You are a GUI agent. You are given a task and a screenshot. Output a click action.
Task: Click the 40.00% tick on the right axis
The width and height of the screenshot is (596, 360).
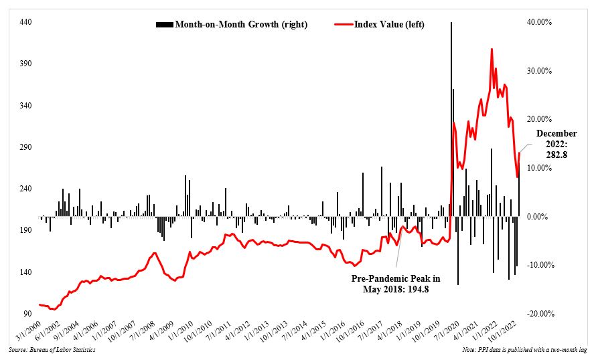pos(539,22)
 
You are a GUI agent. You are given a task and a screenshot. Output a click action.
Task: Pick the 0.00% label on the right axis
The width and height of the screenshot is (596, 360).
pos(540,217)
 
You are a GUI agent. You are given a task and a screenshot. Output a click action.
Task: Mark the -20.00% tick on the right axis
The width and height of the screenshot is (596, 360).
pos(538,314)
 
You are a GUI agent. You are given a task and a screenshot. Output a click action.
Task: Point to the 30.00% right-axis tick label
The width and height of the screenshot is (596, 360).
pos(539,71)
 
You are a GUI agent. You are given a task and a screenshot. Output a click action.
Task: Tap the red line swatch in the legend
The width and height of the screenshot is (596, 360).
pos(346,25)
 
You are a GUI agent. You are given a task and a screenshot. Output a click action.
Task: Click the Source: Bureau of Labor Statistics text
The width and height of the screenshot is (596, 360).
pos(52,350)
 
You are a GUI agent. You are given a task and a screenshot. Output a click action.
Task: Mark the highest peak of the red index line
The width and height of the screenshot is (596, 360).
pos(492,49)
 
